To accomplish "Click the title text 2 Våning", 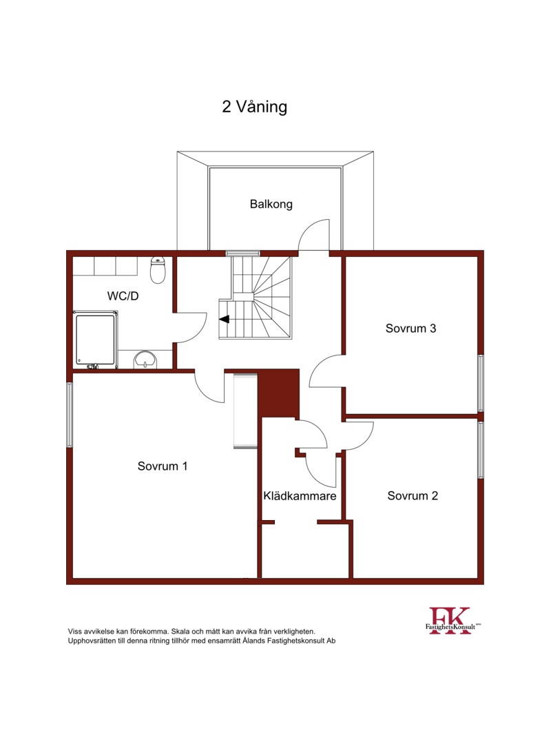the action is [255, 107].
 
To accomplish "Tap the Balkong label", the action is [271, 204].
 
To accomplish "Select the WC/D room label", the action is [123, 296].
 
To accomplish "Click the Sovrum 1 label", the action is [163, 466].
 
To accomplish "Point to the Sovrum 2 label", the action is [413, 496].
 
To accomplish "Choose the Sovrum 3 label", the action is [410, 329].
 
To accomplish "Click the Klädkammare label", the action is [300, 496].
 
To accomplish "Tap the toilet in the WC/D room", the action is [158, 270].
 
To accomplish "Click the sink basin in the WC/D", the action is [145, 360].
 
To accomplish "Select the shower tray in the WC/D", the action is [95, 340].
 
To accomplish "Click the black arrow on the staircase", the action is [224, 319].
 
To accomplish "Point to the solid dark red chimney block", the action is [278, 393].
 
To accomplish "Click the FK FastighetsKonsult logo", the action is [453, 621].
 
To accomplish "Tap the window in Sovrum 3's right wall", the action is [481, 383].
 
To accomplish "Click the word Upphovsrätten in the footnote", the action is [92, 641].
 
